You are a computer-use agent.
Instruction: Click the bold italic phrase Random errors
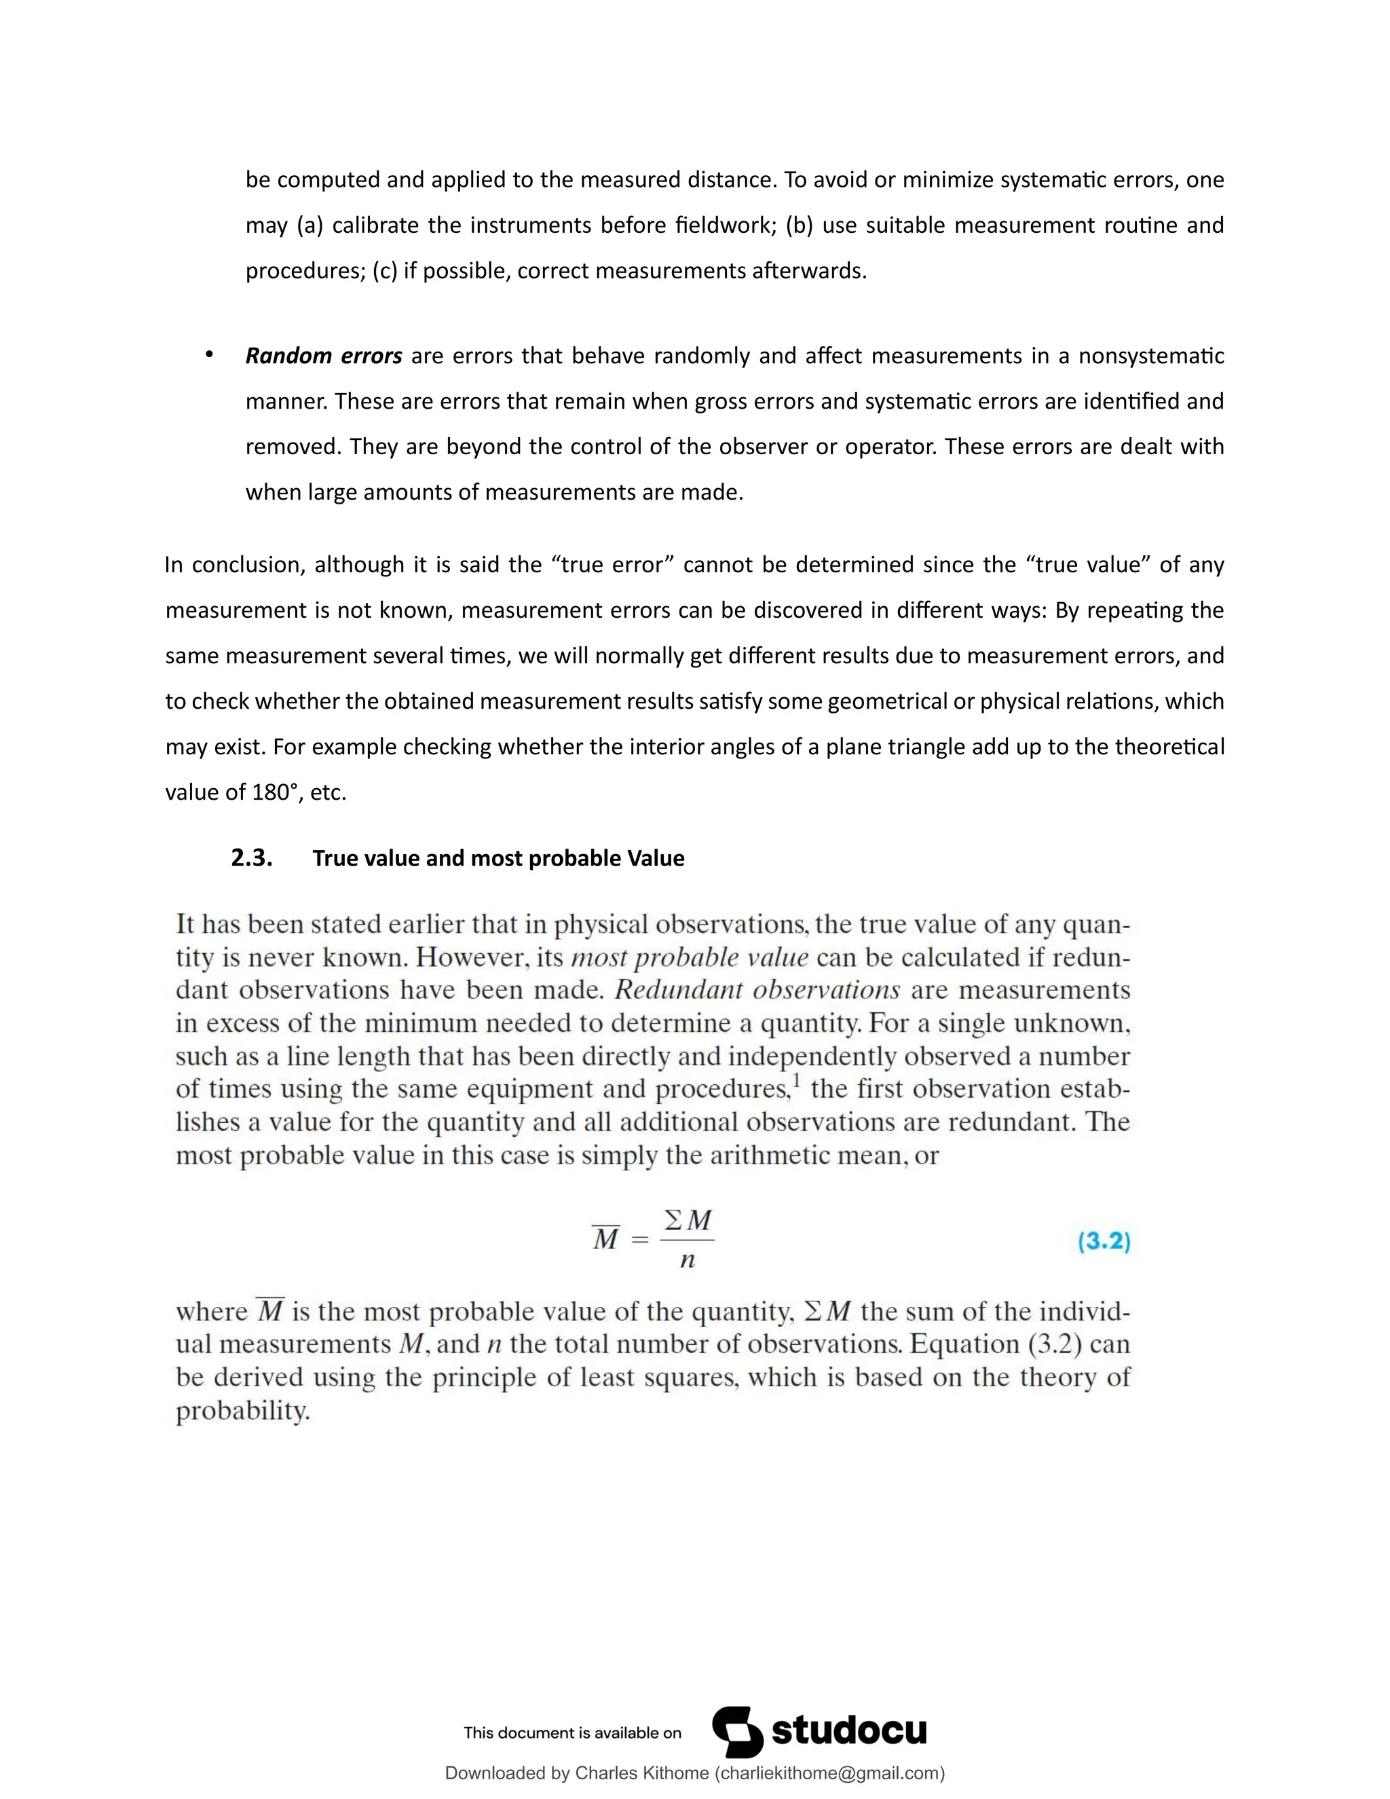tap(323, 356)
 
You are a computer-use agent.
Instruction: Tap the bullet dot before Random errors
tap(209, 354)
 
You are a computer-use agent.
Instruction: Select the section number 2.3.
tap(251, 858)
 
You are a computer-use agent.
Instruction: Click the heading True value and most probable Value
tap(498, 858)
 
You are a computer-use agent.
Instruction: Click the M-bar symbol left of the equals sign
tap(605, 1239)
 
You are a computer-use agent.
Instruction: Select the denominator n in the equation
tap(687, 1260)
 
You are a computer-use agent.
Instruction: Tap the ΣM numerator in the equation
tap(688, 1220)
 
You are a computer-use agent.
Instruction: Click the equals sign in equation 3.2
tap(640, 1240)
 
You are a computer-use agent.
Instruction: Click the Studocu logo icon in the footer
tap(737, 1732)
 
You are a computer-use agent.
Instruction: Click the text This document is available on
tap(572, 1733)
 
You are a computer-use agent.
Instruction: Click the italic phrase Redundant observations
tap(757, 990)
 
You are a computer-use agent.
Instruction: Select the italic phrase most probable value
tap(690, 957)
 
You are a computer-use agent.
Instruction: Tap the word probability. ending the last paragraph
tap(243, 1411)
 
